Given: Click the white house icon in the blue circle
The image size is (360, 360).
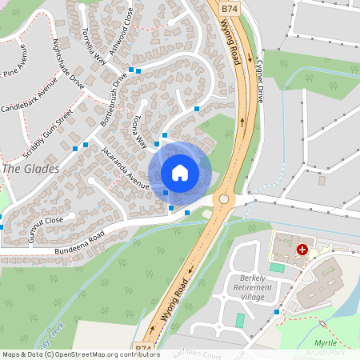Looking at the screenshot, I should click(180, 173).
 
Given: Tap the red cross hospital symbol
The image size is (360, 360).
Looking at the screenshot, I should click(302, 250).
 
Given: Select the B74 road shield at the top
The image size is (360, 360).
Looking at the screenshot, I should click(230, 8).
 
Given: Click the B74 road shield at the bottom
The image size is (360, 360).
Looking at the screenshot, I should click(143, 349).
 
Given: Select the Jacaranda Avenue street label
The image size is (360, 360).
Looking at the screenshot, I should click(126, 168).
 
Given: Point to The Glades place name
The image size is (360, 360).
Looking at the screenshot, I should click(30, 169).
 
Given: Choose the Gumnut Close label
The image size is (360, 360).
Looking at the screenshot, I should click(42, 219).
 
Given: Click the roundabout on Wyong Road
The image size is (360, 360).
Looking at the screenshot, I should click(223, 198).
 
